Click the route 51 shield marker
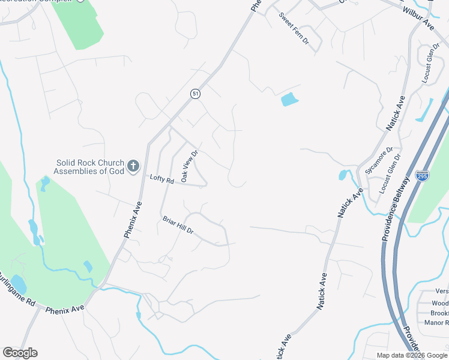tap(195, 94)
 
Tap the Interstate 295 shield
tap(422, 176)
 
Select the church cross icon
tap(133, 166)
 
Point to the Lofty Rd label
tap(161, 179)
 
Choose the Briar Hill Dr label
tap(178, 226)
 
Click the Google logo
tap(20, 353)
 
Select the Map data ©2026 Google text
tap(411, 355)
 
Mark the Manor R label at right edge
tap(440, 323)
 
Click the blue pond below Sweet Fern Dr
tap(289, 99)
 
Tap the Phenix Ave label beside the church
tap(133, 220)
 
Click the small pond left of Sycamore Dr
tap(343, 175)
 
